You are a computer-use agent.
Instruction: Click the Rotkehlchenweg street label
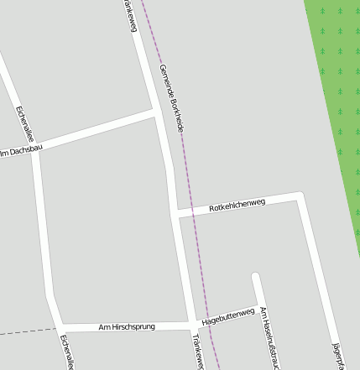(237, 204)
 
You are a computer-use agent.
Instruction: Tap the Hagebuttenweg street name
(229, 315)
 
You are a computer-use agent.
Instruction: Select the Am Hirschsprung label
(127, 326)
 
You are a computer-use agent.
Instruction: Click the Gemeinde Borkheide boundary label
(171, 97)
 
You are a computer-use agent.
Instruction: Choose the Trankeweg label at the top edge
(129, 15)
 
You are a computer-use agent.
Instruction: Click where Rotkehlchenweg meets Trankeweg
(175, 213)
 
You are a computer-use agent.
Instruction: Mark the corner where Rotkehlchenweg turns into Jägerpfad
(300, 195)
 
